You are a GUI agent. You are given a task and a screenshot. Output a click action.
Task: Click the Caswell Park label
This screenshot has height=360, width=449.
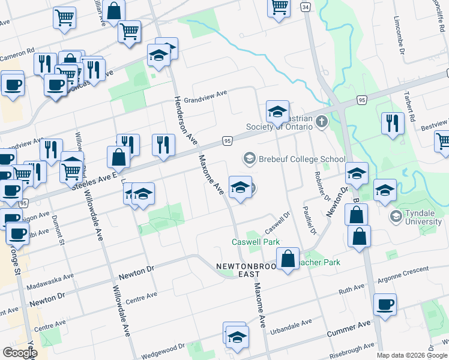tap(256, 242)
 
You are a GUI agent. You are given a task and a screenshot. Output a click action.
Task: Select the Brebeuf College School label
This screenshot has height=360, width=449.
tap(301, 159)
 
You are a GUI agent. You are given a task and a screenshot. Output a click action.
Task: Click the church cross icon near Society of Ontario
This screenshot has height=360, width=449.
tap(322, 122)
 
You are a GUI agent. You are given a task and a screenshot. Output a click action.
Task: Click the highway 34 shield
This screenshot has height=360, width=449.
tap(306, 7)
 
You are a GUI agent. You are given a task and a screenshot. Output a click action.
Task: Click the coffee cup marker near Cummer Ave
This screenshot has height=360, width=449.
tap(385, 304)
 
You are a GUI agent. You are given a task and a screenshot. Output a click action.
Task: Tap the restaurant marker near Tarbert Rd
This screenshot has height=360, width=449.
tap(393, 124)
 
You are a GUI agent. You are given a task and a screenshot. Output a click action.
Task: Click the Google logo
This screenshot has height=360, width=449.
tap(20, 352)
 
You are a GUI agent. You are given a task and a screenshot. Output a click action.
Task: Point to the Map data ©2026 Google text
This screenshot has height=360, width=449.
tap(412, 355)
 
